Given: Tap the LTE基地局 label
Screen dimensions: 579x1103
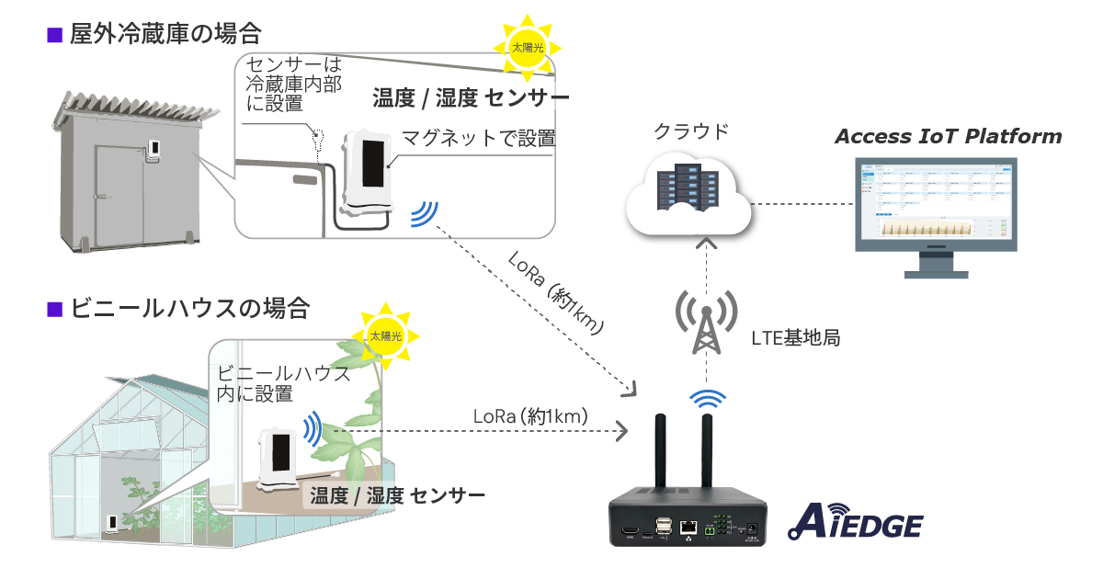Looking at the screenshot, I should coord(795,337).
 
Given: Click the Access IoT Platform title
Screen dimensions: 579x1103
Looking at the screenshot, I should coord(948,137).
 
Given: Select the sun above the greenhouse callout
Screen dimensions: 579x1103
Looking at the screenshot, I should coord(385,335).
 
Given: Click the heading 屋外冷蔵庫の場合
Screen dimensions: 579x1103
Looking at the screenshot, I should coord(165,36).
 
